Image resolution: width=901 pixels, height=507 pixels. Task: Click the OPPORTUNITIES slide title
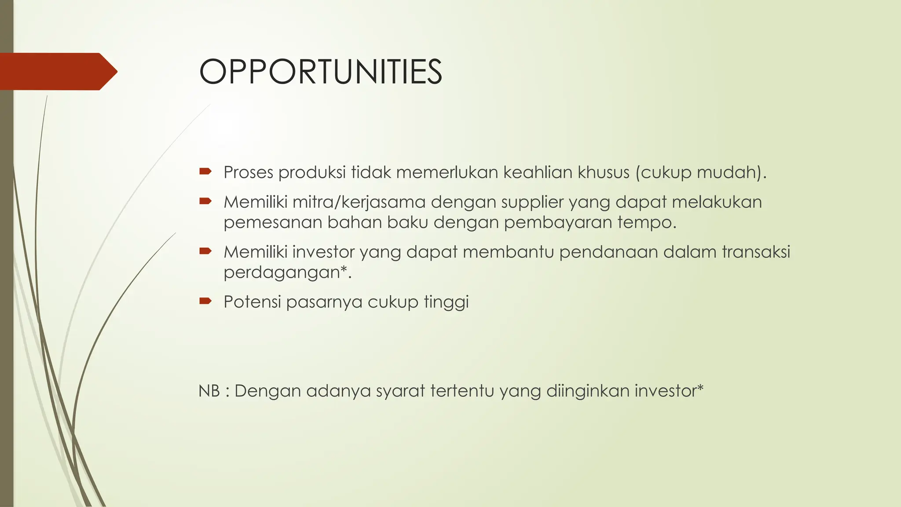320,72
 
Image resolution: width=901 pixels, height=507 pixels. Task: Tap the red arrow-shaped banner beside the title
57,71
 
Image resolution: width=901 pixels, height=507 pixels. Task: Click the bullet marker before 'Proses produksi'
205,171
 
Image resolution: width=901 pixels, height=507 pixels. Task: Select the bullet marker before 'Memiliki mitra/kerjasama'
205,201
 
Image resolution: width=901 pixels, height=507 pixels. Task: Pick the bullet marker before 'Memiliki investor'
205,251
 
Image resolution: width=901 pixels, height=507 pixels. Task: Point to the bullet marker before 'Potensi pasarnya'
205,301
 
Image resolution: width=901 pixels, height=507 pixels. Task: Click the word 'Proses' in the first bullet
249,172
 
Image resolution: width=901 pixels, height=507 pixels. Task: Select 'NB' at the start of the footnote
209,391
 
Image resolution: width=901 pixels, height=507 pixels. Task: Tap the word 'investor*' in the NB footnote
669,391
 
